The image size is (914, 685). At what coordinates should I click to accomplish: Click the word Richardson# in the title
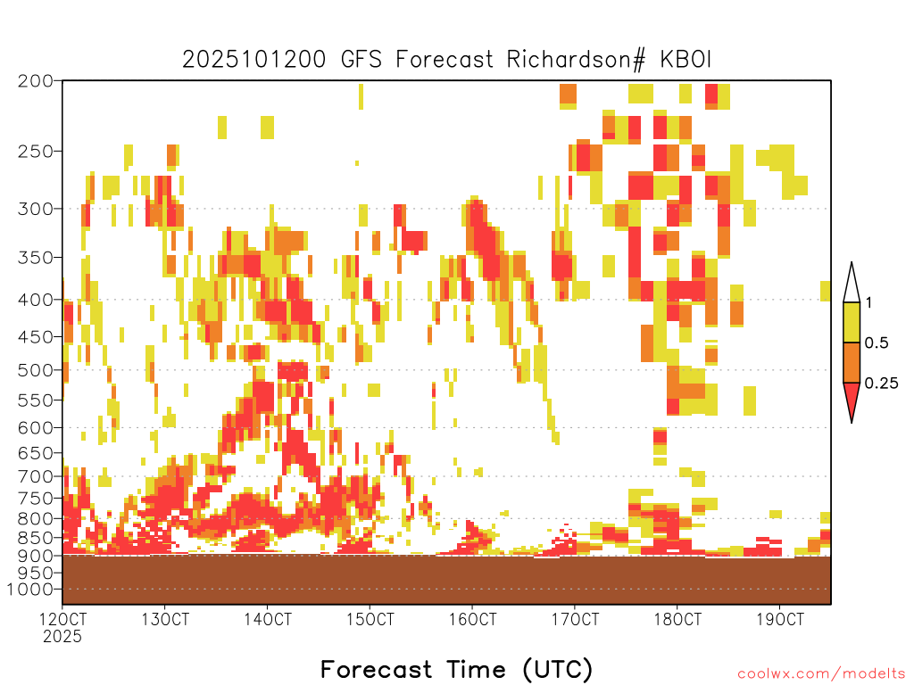pyautogui.click(x=576, y=60)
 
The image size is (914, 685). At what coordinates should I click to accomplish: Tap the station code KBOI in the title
pyautogui.click(x=685, y=60)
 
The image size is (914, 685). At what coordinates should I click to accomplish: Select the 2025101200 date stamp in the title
pyautogui.click(x=254, y=60)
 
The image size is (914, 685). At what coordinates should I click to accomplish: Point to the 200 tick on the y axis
pyautogui.click(x=35, y=81)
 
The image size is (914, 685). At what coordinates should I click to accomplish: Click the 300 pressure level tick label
pyautogui.click(x=35, y=209)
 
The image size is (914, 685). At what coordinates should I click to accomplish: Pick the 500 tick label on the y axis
pyautogui.click(x=35, y=370)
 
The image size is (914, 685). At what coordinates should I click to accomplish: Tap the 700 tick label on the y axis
pyautogui.click(x=35, y=476)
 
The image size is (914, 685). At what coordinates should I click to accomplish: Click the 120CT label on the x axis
pyautogui.click(x=62, y=619)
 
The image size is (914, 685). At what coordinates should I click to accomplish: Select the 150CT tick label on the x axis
pyautogui.click(x=370, y=619)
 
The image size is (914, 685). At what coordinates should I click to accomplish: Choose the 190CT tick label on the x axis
pyautogui.click(x=780, y=619)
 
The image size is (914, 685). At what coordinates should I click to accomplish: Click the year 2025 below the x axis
pyautogui.click(x=62, y=637)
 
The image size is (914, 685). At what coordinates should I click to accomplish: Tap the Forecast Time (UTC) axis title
pyautogui.click(x=456, y=670)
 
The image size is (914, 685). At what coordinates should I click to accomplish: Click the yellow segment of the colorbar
pyautogui.click(x=852, y=322)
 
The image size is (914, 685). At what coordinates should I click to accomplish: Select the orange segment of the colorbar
pyautogui.click(x=852, y=362)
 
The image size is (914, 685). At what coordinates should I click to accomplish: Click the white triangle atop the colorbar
pyautogui.click(x=852, y=285)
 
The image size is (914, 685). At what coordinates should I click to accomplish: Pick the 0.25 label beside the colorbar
pyautogui.click(x=881, y=384)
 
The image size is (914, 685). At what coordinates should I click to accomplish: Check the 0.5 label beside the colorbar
pyautogui.click(x=877, y=343)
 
